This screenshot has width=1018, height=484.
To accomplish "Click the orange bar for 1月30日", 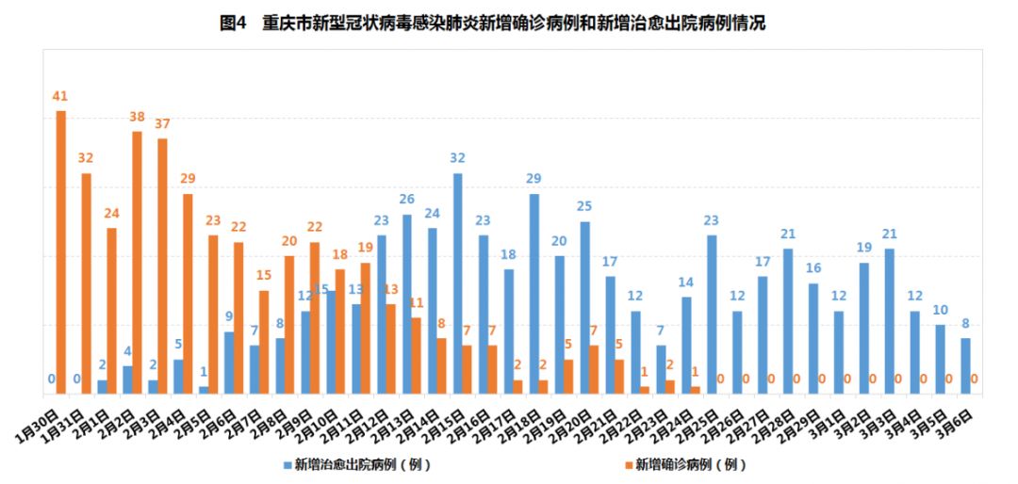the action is click(x=61, y=251).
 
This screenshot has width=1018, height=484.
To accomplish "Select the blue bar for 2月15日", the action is click(x=458, y=282).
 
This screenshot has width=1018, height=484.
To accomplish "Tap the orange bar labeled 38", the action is click(x=137, y=262).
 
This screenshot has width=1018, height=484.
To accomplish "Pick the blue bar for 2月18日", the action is click(x=534, y=293).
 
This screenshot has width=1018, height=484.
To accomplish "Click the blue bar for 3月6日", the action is click(x=966, y=365).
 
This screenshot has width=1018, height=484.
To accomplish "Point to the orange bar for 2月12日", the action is click(x=391, y=348).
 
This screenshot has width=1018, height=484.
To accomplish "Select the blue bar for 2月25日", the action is click(x=713, y=314).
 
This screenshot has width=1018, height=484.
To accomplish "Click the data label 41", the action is click(x=60, y=97).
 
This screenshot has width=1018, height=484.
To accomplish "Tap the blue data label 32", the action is click(x=458, y=158).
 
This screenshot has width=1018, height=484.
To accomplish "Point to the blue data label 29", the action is click(x=534, y=179).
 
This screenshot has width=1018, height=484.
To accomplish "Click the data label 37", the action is click(x=162, y=124).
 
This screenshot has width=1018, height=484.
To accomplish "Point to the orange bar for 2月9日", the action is click(x=315, y=318).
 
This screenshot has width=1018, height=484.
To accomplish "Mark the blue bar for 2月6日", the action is click(x=229, y=363).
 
